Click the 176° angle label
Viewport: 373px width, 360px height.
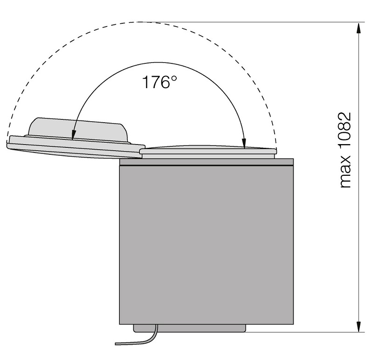(159, 82)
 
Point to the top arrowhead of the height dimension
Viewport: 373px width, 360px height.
(359, 28)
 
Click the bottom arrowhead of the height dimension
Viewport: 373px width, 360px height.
(359, 326)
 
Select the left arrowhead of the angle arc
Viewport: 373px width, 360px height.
(73, 134)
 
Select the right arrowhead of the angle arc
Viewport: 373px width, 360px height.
(244, 143)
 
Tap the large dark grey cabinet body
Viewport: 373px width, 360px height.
(206, 245)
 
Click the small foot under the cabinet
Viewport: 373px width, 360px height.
(189, 328)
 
